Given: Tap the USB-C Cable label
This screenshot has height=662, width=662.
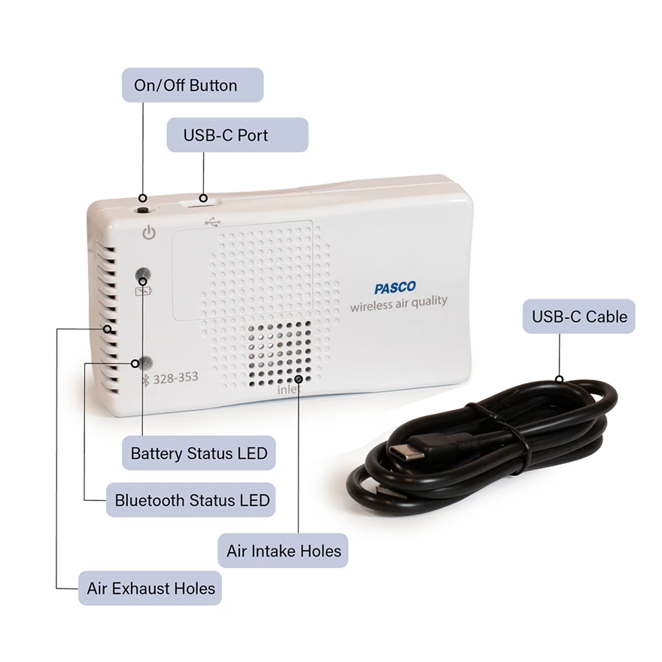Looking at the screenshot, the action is pyautogui.click(x=578, y=316).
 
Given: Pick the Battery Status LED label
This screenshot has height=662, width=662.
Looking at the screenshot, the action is pyautogui.click(x=199, y=453).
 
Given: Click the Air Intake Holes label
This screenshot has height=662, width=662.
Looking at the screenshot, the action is pyautogui.click(x=283, y=551).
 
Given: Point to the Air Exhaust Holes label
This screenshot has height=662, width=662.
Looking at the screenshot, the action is pyautogui.click(x=150, y=588).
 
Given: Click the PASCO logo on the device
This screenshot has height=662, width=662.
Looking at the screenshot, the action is pyautogui.click(x=395, y=287).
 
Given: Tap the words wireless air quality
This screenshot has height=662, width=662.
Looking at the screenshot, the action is pyautogui.click(x=399, y=303).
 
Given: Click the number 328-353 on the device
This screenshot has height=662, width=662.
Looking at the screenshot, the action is pyautogui.click(x=175, y=377).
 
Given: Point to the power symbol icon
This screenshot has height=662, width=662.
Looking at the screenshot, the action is pyautogui.click(x=149, y=232).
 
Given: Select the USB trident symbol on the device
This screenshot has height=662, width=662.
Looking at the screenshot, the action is pyautogui.click(x=213, y=222).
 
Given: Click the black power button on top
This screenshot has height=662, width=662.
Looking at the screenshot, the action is pyautogui.click(x=143, y=210).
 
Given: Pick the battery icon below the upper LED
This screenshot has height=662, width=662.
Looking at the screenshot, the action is pyautogui.click(x=144, y=291).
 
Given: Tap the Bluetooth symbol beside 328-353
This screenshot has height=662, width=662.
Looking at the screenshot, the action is pyautogui.click(x=146, y=380).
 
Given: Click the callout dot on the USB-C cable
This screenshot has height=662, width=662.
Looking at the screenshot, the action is pyautogui.click(x=560, y=378).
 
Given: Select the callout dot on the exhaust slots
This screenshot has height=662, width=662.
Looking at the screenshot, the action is pyautogui.click(x=108, y=329).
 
